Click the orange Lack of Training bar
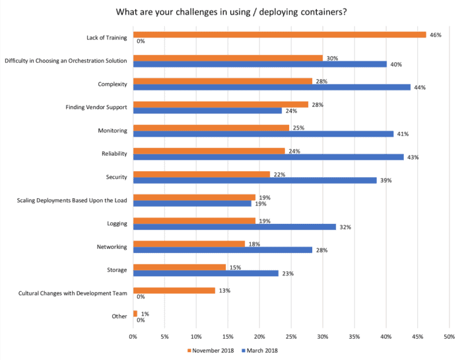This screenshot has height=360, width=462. (x=279, y=34)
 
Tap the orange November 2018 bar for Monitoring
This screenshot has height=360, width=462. (x=211, y=127)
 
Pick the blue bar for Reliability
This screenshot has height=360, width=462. (x=269, y=157)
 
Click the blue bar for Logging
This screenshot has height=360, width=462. (x=234, y=227)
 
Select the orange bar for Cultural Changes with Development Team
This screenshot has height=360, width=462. (x=174, y=290)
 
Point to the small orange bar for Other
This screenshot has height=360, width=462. (x=135, y=313)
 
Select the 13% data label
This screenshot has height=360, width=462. (x=224, y=290)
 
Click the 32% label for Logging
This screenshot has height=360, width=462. (x=345, y=227)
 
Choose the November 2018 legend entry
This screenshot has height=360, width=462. (x=213, y=350)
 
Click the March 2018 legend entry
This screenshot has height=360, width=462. (x=272, y=350)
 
